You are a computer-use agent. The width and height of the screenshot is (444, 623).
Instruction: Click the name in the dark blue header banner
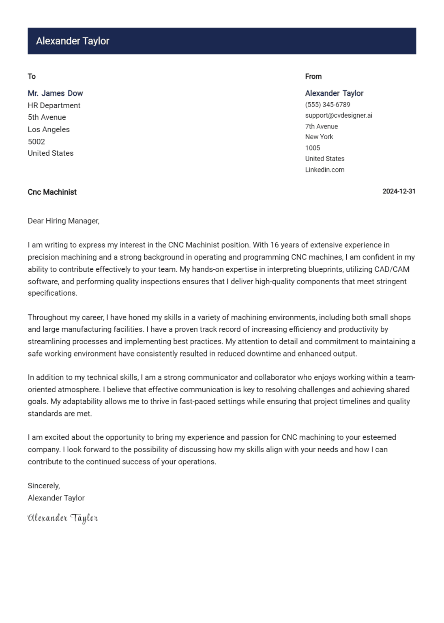pos(73,41)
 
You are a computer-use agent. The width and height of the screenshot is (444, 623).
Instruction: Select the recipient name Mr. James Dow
pos(55,93)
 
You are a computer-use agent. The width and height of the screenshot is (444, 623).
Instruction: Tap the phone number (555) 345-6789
pos(327,105)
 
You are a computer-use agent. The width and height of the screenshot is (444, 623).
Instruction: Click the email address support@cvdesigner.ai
pos(338,115)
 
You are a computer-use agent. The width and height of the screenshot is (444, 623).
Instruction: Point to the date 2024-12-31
pos(399,191)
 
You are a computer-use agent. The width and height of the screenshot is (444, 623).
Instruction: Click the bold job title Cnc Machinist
pos(52,192)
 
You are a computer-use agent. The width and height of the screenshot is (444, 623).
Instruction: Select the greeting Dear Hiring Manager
pos(63,221)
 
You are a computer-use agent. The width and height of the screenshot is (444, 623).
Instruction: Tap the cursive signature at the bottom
pos(63,518)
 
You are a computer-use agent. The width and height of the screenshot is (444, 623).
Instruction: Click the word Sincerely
pos(43,486)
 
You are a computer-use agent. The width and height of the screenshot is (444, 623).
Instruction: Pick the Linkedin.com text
pos(324,170)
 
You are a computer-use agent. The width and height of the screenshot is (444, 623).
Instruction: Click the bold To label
pos(32,77)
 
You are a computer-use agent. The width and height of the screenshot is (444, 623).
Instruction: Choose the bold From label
pos(313,77)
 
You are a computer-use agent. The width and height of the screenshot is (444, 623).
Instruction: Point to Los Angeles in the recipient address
pos(49,130)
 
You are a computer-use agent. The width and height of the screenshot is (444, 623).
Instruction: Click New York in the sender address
pos(319,137)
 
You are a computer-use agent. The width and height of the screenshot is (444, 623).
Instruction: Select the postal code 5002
pos(36,142)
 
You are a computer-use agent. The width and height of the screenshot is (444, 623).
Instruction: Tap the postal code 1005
pos(312,148)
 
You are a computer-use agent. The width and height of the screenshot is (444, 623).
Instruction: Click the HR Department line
pos(54,105)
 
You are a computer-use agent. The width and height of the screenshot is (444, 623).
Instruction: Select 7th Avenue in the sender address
pos(321,127)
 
